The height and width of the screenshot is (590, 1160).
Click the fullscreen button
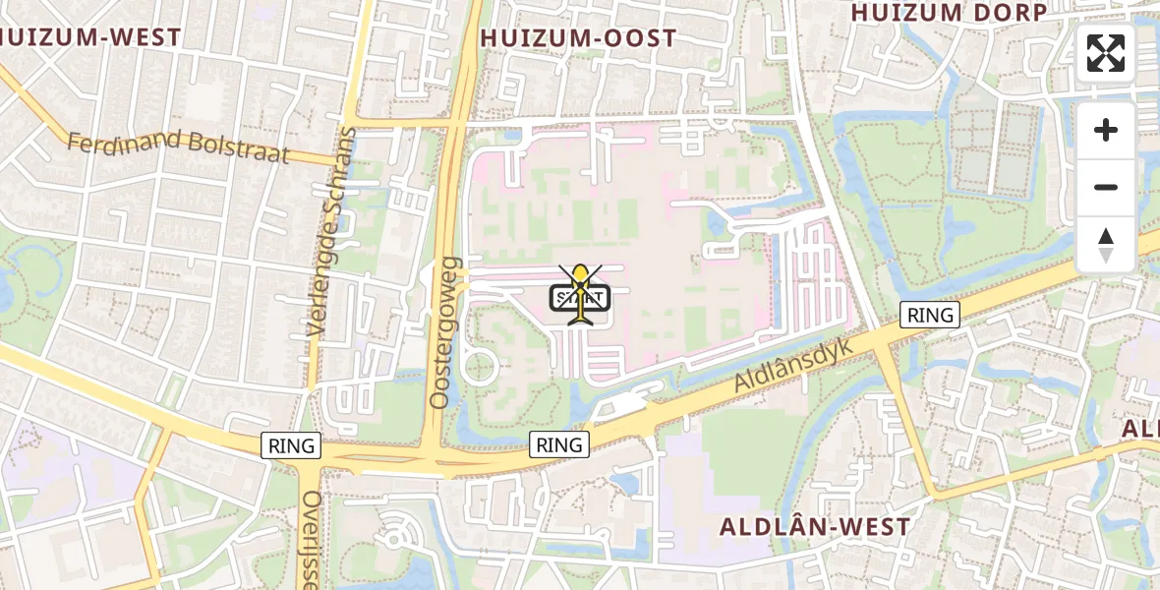click(x=1106, y=53)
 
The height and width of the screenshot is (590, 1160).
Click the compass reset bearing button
click(x=1106, y=245)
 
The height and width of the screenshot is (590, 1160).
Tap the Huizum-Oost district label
click(x=578, y=38)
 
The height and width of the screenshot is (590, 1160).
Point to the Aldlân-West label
click(x=815, y=526)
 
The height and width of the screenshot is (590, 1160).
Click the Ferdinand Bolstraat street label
click(x=178, y=147)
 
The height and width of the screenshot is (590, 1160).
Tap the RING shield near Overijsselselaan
click(x=292, y=445)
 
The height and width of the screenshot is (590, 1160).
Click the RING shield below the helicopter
click(x=559, y=444)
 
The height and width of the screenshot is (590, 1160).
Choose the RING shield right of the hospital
click(x=930, y=315)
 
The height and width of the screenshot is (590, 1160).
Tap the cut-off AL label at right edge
click(x=1140, y=429)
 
